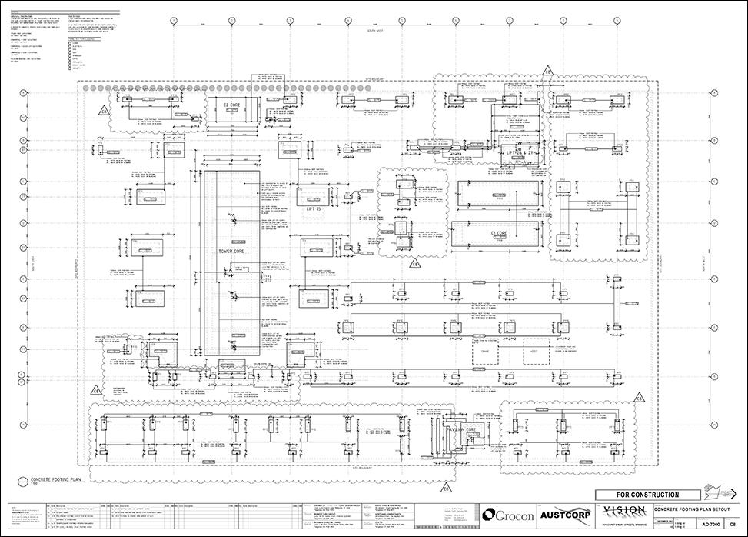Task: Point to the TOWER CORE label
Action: [x=230, y=252]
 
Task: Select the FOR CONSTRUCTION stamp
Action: [x=647, y=495]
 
